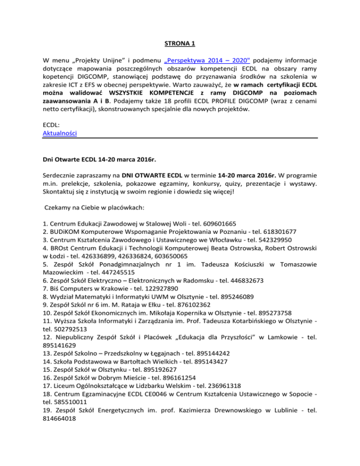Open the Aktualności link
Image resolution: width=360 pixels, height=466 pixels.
tap(60, 133)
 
